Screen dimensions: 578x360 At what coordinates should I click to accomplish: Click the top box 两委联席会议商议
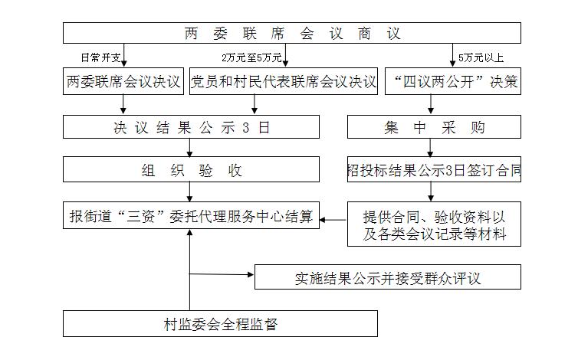click(x=291, y=33)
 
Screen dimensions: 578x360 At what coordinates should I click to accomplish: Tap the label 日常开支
click(x=100, y=57)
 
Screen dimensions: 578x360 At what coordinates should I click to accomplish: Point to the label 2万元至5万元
click(x=251, y=57)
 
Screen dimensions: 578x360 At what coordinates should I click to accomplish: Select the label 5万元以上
click(x=481, y=57)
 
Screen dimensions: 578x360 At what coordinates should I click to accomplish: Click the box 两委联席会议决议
click(x=123, y=81)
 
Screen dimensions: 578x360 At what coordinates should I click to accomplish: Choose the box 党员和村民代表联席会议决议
click(x=284, y=81)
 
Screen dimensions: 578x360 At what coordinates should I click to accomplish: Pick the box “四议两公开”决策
click(x=453, y=81)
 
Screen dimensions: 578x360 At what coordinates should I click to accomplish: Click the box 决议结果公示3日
click(x=191, y=126)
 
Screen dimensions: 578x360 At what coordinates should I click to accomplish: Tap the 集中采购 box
click(x=434, y=126)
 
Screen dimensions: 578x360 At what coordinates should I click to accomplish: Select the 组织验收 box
click(x=191, y=169)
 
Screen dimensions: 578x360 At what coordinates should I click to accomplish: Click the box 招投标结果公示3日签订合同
click(x=434, y=169)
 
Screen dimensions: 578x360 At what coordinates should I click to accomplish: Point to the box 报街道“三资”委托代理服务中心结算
click(x=191, y=215)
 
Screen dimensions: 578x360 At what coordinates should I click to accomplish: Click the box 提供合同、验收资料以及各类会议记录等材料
click(x=434, y=224)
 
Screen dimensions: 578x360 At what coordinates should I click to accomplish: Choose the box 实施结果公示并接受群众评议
click(x=388, y=277)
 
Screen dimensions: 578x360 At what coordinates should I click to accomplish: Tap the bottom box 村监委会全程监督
click(x=220, y=323)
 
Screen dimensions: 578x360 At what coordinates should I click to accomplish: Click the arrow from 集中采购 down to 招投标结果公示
click(x=430, y=147)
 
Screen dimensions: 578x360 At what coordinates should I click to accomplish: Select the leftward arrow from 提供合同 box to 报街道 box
click(x=333, y=220)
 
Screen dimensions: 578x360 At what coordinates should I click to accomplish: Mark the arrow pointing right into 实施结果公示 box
click(x=222, y=274)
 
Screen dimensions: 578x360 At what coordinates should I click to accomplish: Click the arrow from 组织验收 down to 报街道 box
click(x=190, y=192)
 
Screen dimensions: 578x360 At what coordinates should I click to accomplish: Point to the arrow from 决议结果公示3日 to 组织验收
click(x=190, y=147)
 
